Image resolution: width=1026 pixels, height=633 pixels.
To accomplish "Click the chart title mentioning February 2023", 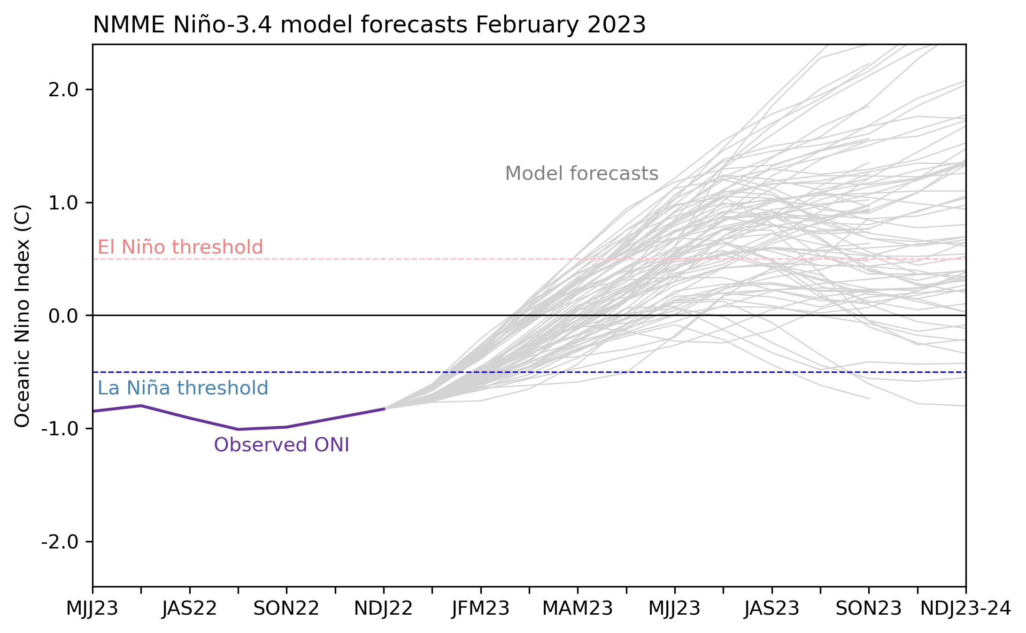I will click(x=369, y=25).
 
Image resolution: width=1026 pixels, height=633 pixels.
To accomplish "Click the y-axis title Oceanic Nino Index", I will click(x=22, y=316).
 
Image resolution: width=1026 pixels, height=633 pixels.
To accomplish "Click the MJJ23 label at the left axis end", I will click(x=93, y=609).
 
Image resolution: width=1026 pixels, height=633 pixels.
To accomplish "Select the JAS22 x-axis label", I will click(x=190, y=609).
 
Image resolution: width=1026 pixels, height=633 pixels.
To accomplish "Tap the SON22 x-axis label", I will click(x=286, y=609).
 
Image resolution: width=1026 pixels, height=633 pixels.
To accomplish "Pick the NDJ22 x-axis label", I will click(x=384, y=609).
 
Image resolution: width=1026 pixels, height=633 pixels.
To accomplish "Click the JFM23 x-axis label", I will click(x=481, y=609).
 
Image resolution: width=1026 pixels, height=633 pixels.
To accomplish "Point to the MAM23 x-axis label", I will click(x=578, y=609).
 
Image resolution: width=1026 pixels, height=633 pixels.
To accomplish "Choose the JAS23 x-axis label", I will click(x=772, y=609).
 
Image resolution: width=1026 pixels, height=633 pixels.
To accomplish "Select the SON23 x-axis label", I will click(x=869, y=609).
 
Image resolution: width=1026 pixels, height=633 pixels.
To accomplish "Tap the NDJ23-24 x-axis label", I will click(x=965, y=609).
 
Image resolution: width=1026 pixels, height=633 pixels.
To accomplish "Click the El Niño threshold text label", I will click(x=180, y=247).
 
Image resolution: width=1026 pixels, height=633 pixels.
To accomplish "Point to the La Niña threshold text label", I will click(x=183, y=388).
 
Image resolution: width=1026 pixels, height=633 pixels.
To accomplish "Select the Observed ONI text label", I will click(x=282, y=445).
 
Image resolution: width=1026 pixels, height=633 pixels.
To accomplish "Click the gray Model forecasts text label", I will click(x=582, y=174).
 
